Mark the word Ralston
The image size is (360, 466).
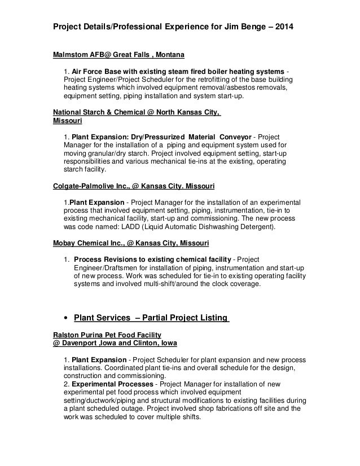(x=65, y=334)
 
